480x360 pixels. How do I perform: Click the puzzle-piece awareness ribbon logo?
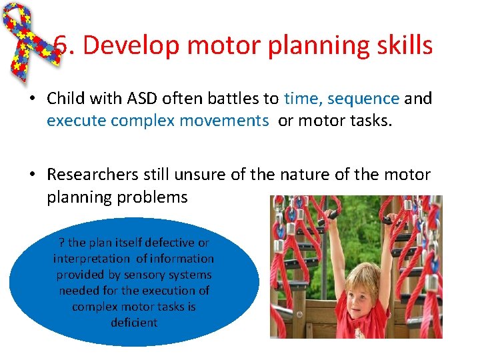click(30, 40)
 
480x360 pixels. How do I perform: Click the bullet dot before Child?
click(31, 99)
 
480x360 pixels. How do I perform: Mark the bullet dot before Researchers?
click(31, 175)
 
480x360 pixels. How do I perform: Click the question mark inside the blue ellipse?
click(61, 243)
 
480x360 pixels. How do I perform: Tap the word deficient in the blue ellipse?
click(134, 323)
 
